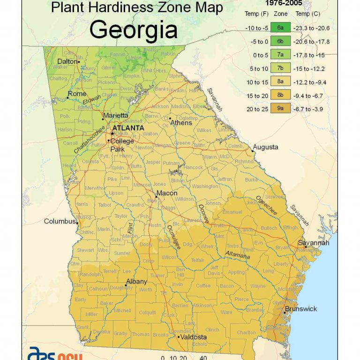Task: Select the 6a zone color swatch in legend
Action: (x=280, y=28)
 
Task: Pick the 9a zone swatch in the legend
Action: (x=280, y=109)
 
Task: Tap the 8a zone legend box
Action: (x=280, y=82)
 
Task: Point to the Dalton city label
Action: (x=67, y=61)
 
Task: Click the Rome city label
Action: (x=77, y=94)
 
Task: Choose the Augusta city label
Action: (x=265, y=147)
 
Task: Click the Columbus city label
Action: (x=60, y=221)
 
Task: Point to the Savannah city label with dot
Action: (x=314, y=243)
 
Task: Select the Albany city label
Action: (x=136, y=282)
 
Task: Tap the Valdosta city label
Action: (x=192, y=337)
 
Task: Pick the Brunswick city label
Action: (x=301, y=309)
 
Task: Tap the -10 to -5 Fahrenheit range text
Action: (x=256, y=28)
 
